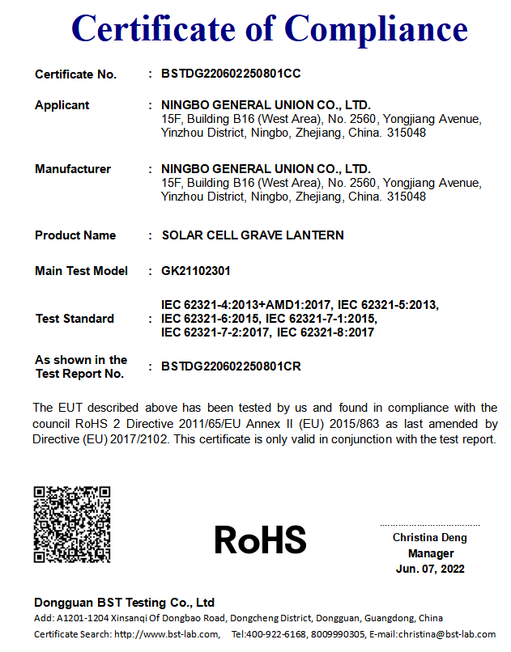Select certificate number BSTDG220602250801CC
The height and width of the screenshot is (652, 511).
point(232,74)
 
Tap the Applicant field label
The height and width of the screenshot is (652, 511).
point(62,105)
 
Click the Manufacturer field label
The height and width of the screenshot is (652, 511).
point(73,169)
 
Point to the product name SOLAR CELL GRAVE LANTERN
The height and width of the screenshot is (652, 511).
point(253,235)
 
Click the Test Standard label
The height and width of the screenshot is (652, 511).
point(75,319)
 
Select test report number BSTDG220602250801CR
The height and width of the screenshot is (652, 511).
point(232,366)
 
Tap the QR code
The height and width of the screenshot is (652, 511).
point(71,523)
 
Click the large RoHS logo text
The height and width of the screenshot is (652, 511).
point(261,540)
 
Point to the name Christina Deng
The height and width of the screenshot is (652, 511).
point(430,537)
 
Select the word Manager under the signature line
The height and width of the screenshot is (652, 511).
point(430,553)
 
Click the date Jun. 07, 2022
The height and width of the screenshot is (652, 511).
point(430,569)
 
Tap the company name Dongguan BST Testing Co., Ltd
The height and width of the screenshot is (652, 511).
point(124,603)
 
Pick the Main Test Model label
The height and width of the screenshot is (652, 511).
point(81,271)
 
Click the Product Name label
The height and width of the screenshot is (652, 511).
point(75,235)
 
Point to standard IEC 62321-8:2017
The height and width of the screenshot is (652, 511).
point(326,332)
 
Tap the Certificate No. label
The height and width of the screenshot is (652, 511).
point(76,74)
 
